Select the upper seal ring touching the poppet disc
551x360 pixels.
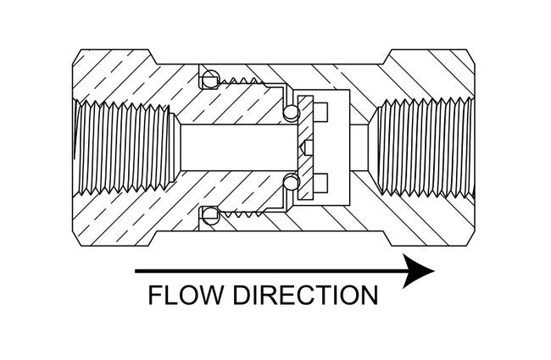click(x=292, y=113)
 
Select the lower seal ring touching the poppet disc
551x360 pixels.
click(x=292, y=180)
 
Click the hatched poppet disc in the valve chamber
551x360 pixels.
click(x=306, y=148)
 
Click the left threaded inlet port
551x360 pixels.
click(x=123, y=147)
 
